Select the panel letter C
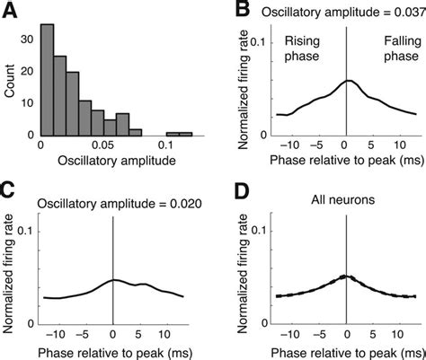[x=10, y=192]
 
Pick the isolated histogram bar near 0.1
[x=179, y=132]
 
